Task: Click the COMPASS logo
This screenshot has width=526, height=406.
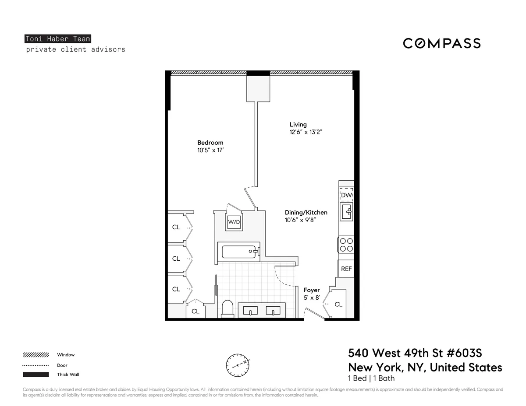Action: [442, 43]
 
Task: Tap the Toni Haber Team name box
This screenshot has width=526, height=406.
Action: [58, 39]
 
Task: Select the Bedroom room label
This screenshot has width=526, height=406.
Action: [210, 143]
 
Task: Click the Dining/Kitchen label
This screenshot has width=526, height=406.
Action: [306, 213]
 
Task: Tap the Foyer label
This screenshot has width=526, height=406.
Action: [312, 290]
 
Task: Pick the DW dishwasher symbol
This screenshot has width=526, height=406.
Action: [346, 195]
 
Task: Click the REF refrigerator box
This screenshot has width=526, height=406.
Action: [346, 269]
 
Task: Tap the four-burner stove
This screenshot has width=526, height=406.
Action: [346, 244]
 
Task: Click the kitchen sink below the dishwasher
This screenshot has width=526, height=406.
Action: [347, 212]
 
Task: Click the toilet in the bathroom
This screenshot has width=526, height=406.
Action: [227, 308]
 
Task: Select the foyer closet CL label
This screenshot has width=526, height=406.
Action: [338, 304]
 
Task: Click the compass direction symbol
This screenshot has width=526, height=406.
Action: [238, 364]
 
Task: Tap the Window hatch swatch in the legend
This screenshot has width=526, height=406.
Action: [36, 355]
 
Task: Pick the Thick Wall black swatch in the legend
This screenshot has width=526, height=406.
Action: [36, 374]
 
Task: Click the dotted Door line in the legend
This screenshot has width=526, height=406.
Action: [36, 365]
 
